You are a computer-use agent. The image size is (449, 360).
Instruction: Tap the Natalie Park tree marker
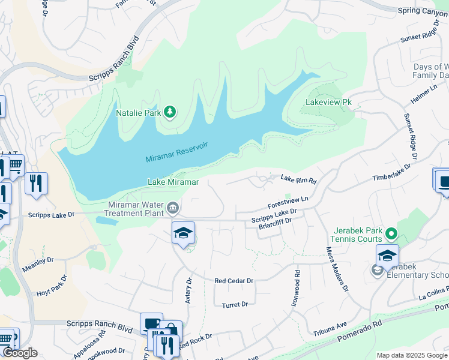[170, 112]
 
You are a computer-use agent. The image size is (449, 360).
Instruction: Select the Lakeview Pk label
[328, 103]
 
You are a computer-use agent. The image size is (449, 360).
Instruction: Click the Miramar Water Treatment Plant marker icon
[173, 208]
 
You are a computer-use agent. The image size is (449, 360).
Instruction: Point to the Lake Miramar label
[173, 181]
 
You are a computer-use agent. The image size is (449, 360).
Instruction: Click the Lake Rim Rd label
[298, 178]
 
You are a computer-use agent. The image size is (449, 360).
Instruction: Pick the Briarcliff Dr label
[274, 221]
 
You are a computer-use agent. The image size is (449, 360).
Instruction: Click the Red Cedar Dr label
[234, 280]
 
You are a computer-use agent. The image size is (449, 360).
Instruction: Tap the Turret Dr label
[235, 305]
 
